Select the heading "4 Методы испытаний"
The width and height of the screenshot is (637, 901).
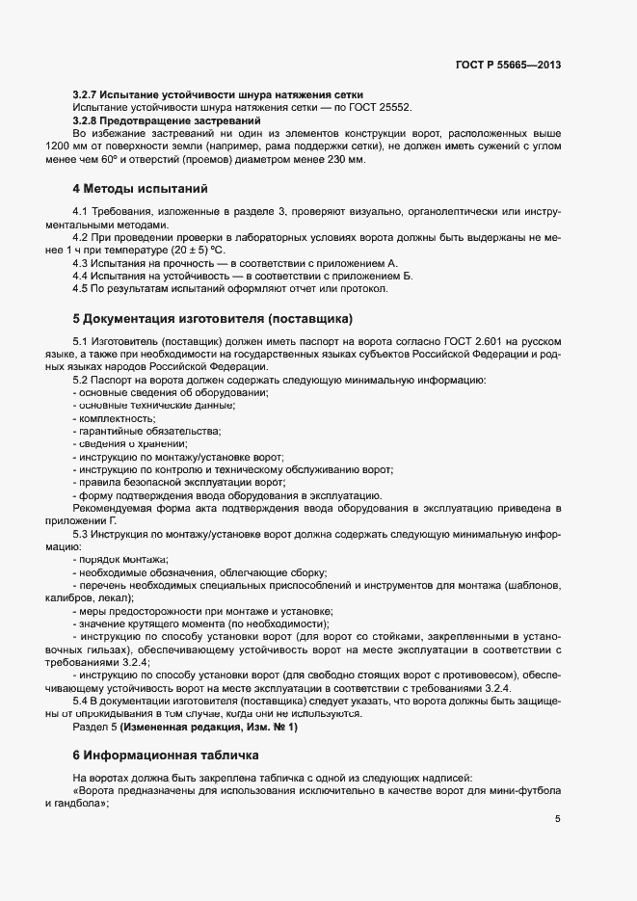(x=140, y=188)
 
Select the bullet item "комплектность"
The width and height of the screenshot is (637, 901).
(x=115, y=419)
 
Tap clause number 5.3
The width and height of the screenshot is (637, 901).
(x=81, y=533)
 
